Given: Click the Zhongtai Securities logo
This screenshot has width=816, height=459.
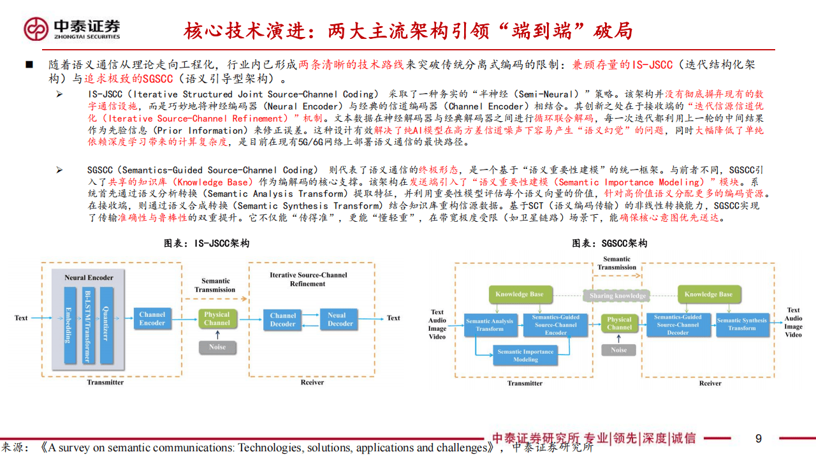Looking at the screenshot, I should pyautogui.click(x=71, y=29).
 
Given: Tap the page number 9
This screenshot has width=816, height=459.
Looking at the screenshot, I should pyautogui.click(x=758, y=439).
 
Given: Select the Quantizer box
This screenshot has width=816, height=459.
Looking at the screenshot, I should pyautogui.click(x=105, y=325).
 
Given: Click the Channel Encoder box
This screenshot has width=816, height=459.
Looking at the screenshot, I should pyautogui.click(x=152, y=318).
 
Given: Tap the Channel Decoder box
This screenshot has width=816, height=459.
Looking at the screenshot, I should pyautogui.click(x=282, y=319).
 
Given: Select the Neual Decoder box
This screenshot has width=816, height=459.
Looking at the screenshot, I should pyautogui.click(x=340, y=319).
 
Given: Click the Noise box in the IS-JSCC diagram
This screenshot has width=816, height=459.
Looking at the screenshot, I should pyautogui.click(x=217, y=347).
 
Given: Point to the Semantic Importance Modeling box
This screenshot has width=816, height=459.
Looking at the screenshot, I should pyautogui.click(x=525, y=355).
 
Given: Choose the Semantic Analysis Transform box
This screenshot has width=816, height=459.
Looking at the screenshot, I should pyautogui.click(x=489, y=324).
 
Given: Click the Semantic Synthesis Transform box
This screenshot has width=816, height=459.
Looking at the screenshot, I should pyautogui.click(x=741, y=324).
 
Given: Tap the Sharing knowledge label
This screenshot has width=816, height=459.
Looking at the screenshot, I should pyautogui.click(x=618, y=296).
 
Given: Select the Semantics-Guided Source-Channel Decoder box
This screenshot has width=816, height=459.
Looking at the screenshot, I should pyautogui.click(x=678, y=324).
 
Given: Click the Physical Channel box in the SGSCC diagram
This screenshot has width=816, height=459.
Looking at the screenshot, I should pyautogui.click(x=619, y=323).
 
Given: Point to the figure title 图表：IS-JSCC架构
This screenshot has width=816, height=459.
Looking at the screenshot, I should pyautogui.click(x=206, y=244).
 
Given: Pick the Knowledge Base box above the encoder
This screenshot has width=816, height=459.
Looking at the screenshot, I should pyautogui.click(x=520, y=295).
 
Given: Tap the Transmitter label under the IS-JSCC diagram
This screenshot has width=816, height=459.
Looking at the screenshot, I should pyautogui.click(x=106, y=382).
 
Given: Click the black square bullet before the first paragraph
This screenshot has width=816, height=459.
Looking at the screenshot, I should pyautogui.click(x=29, y=65).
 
